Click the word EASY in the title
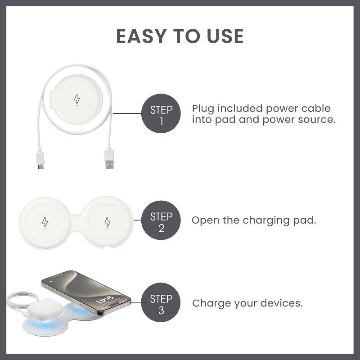click(x=141, y=36)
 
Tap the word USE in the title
click(x=225, y=36)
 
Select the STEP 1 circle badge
click(x=161, y=113)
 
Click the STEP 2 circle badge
click(x=161, y=220)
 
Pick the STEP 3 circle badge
click(x=161, y=302)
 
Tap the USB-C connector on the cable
click(x=40, y=159)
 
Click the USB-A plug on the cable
click(x=109, y=158)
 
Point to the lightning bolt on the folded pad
click(x=77, y=99)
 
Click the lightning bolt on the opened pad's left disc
click(x=45, y=222)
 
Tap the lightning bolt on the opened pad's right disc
click(x=107, y=222)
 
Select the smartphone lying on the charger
click(x=86, y=293)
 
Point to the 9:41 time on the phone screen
click(x=105, y=299)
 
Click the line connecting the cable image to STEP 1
click(x=127, y=113)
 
